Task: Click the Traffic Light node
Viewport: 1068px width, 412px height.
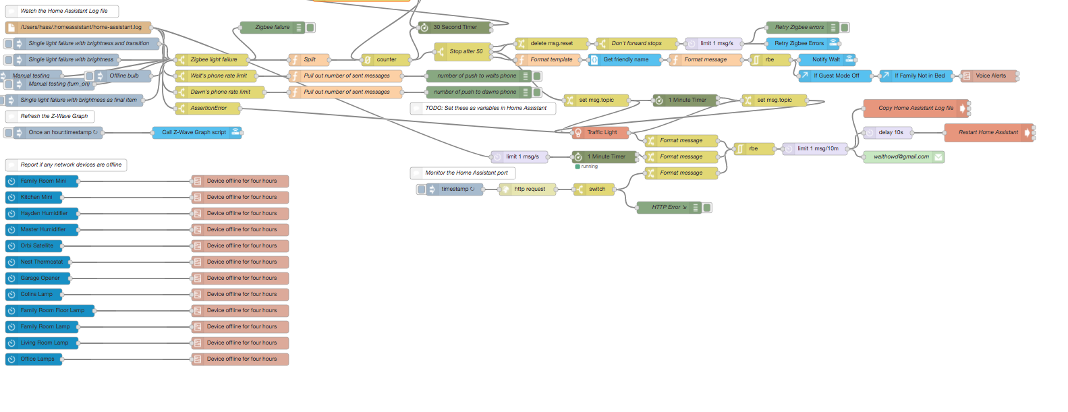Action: pyautogui.click(x=601, y=132)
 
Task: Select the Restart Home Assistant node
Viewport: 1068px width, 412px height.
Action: pyautogui.click(x=988, y=132)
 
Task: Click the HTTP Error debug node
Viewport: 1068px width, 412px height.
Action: pyautogui.click(x=668, y=208)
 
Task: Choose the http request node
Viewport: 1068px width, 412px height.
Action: pyautogui.click(x=529, y=189)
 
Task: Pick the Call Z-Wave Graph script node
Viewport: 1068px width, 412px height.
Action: pyautogui.click(x=194, y=132)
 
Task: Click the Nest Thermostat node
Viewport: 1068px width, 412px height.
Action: pyautogui.click(x=41, y=262)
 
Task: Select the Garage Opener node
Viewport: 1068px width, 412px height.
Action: pyautogui.click(x=40, y=278)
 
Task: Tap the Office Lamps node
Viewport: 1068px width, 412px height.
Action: pyautogui.click(x=37, y=359)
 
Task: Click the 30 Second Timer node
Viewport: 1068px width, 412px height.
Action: pyautogui.click(x=455, y=28)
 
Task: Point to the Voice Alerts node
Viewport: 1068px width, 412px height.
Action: pyautogui.click(x=990, y=76)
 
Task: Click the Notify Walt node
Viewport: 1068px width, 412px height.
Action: pyautogui.click(x=826, y=59)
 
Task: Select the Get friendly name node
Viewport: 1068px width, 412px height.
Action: pyautogui.click(x=625, y=59)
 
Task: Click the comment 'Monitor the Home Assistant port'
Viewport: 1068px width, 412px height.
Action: pyautogui.click(x=466, y=173)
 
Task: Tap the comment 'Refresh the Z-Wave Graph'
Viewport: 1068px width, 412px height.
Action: pyautogui.click(x=54, y=116)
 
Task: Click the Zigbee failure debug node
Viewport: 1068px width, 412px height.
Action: pyautogui.click(x=272, y=28)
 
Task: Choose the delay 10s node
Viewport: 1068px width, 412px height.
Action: pyautogui.click(x=890, y=132)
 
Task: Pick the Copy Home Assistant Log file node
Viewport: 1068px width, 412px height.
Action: pyautogui.click(x=915, y=108)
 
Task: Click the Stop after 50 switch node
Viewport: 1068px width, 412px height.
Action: pyautogui.click(x=466, y=51)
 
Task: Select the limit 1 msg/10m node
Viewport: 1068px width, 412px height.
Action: pyautogui.click(x=817, y=148)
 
